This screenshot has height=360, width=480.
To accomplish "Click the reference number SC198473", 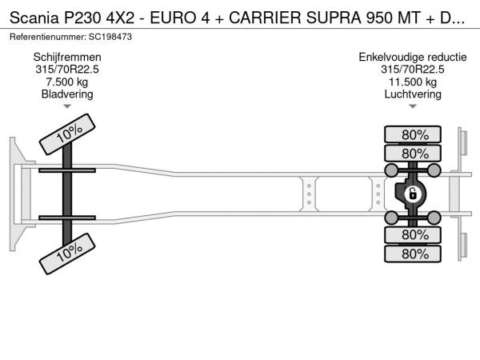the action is pyautogui.click(x=110, y=37).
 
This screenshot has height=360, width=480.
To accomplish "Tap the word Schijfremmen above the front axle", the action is pyautogui.click(x=67, y=58).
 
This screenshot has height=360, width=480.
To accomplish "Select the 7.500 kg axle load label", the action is pyautogui.click(x=67, y=82).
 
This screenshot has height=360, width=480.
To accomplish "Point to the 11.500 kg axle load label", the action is pyautogui.click(x=413, y=82).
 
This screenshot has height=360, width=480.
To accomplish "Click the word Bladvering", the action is pyautogui.click(x=67, y=94).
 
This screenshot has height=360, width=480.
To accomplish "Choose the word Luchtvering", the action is pyautogui.click(x=413, y=94).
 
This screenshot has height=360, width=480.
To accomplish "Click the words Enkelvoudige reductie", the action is pyautogui.click(x=413, y=58).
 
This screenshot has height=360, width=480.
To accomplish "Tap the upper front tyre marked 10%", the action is pyautogui.click(x=67, y=134).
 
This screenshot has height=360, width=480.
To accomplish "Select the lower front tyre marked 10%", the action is pyautogui.click(x=67, y=254).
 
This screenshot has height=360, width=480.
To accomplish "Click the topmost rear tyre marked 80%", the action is pyautogui.click(x=413, y=134).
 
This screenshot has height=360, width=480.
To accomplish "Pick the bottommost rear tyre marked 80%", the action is pyautogui.click(x=413, y=254).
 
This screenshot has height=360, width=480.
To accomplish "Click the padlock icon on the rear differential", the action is pyautogui.click(x=412, y=194).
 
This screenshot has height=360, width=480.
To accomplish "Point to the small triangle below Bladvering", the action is pyautogui.click(x=67, y=106).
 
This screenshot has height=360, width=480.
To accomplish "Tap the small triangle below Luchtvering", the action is pyautogui.click(x=413, y=106).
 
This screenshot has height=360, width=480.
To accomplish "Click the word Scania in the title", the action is pyautogui.click(x=34, y=18).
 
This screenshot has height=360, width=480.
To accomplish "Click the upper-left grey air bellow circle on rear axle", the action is pyautogui.click(x=391, y=170).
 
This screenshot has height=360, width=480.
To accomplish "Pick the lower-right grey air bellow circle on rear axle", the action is pyautogui.click(x=434, y=218).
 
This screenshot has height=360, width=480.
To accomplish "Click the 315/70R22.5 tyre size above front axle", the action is pyautogui.click(x=67, y=70).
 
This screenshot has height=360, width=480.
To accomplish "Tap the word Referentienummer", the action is pyautogui.click(x=47, y=37).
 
